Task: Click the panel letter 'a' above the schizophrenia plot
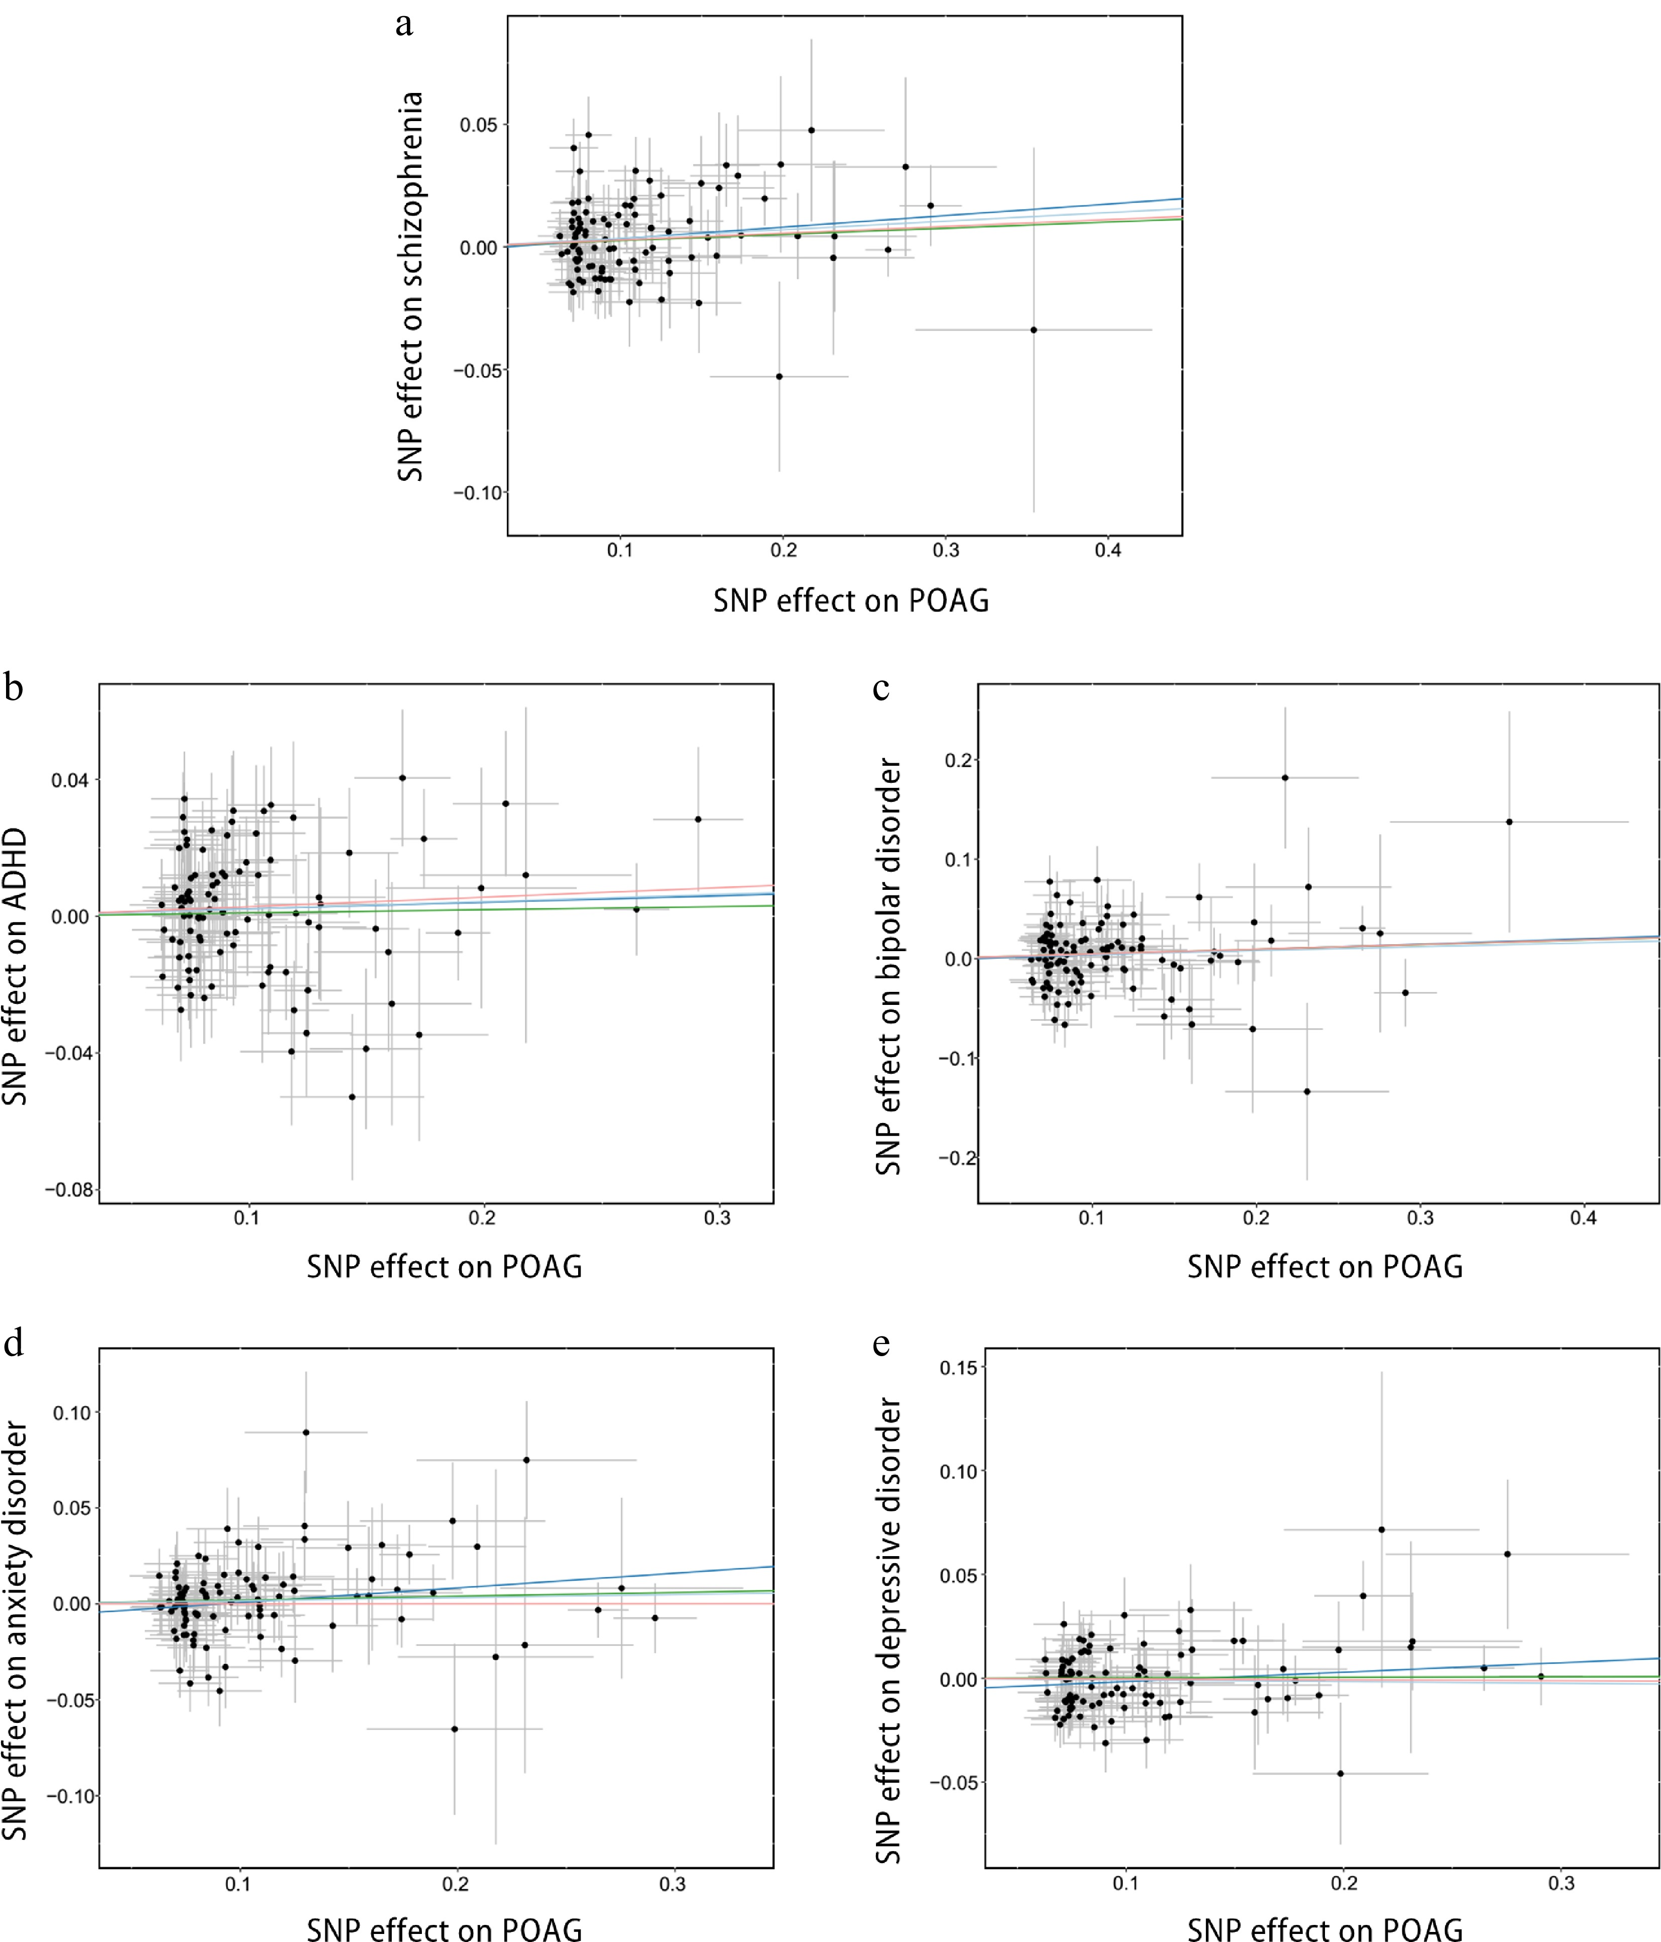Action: point(404,24)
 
